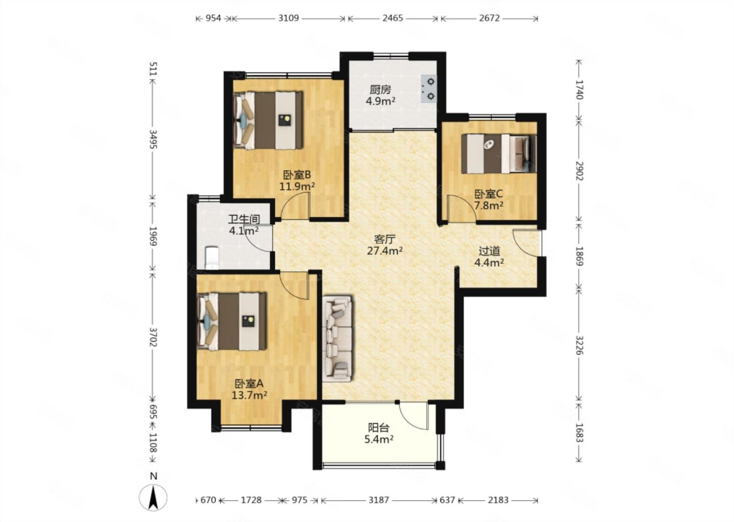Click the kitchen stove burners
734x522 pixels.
pos(429,89)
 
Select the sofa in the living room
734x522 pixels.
pos(337,338)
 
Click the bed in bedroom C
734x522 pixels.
pos(499,153)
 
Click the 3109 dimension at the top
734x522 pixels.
pos(289,18)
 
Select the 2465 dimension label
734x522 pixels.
pos(392,18)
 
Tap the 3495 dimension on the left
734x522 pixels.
pos(153,139)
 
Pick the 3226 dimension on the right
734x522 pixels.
pos(580,345)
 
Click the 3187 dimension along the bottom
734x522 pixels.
pos(378,500)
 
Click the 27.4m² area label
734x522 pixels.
pos(385,251)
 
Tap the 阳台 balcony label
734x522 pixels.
pos(379,427)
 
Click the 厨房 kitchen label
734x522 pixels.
pos(380,89)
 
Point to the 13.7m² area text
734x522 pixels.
pos(249,395)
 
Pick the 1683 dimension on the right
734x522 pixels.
pos(580,433)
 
